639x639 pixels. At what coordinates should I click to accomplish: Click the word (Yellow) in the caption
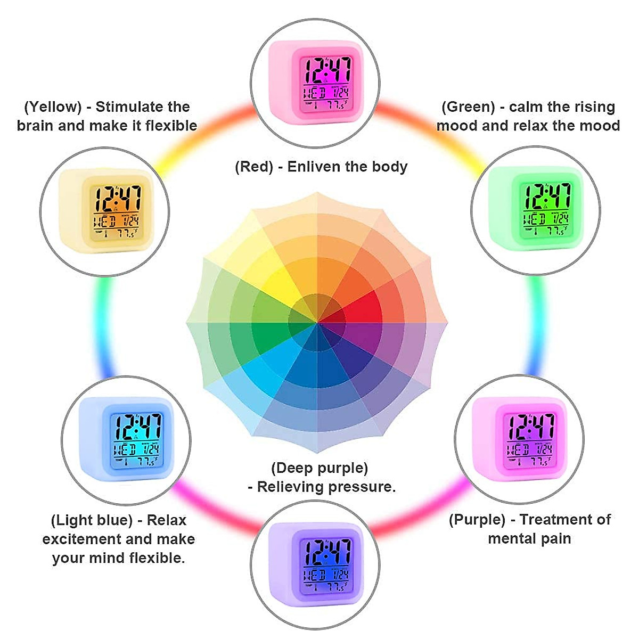53,107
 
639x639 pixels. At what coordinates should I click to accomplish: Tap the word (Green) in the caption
468,107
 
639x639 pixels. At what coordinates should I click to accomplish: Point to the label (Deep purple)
319,468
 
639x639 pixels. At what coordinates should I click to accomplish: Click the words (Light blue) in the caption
92,520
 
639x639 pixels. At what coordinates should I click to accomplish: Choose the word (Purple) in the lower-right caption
477,520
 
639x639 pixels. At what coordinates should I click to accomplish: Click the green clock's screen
546,209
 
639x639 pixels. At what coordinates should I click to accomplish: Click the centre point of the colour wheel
318,322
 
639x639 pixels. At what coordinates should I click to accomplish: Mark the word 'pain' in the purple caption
556,538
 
